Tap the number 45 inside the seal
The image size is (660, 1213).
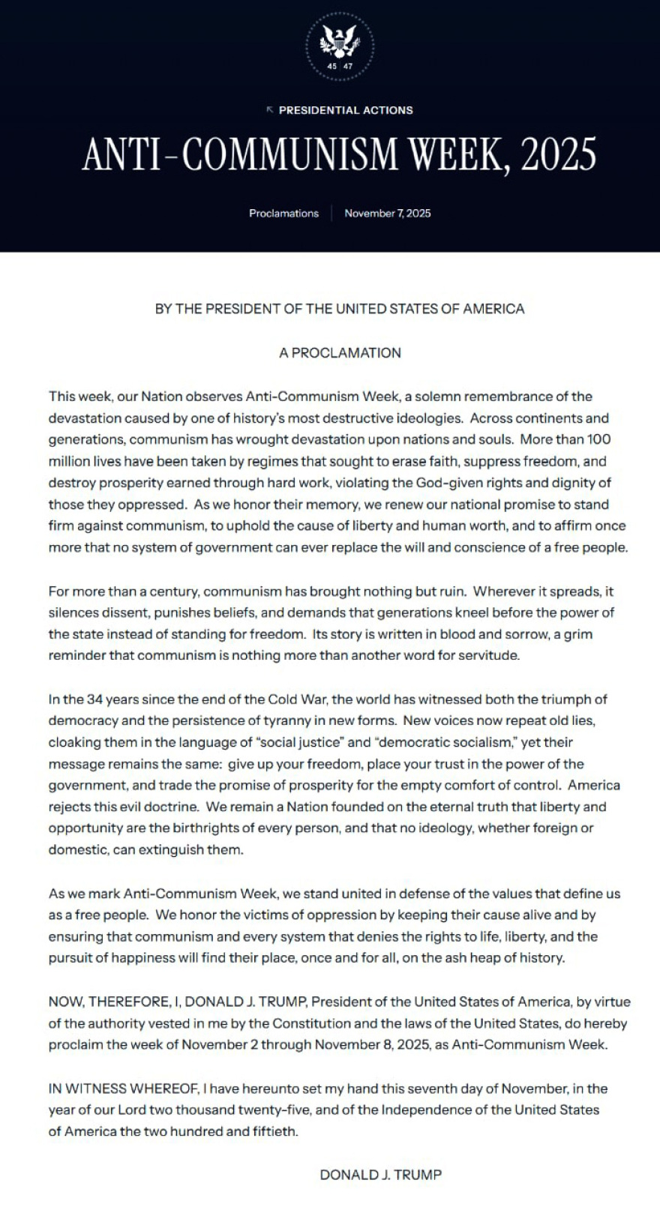point(333,67)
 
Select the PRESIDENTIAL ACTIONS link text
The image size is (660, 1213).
point(346,110)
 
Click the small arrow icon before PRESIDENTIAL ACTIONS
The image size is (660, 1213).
point(270,109)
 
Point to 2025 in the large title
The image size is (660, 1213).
point(557,155)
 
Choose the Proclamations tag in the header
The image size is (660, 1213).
point(283,214)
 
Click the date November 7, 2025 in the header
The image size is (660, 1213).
point(388,214)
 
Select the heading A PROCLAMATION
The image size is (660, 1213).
point(340,353)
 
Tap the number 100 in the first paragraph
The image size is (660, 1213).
point(598,439)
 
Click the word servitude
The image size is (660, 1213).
point(492,656)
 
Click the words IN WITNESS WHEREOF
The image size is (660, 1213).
point(124,1089)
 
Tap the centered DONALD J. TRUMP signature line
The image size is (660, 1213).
point(381,1175)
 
